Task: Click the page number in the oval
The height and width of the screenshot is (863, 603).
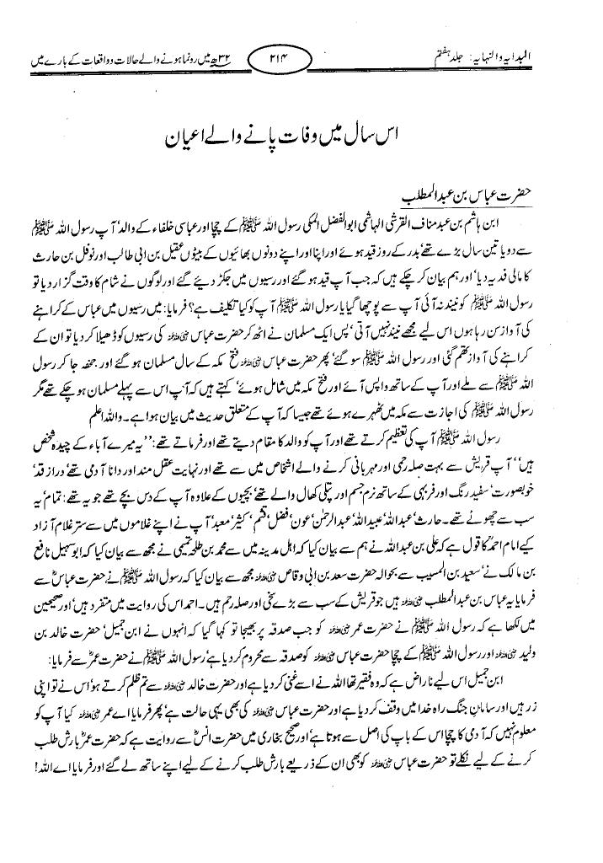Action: pyautogui.click(x=301, y=62)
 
